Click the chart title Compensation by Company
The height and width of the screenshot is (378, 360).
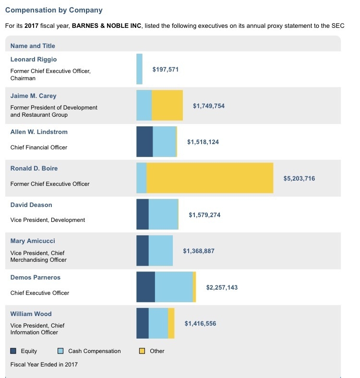click(54, 10)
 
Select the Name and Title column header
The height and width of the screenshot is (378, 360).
click(33, 46)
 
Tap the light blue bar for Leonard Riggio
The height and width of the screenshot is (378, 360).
click(139, 69)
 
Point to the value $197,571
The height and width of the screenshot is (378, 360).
click(165, 70)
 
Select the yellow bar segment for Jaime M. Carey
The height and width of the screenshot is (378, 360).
click(167, 105)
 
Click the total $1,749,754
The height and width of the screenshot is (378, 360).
click(208, 106)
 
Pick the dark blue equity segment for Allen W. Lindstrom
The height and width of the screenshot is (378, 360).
click(144, 142)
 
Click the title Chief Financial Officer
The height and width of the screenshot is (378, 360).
click(39, 147)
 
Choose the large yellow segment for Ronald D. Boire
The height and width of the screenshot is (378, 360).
click(210, 178)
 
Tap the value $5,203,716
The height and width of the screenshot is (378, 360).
click(299, 178)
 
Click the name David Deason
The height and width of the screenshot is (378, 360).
click(31, 205)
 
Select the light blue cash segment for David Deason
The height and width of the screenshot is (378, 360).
click(163, 214)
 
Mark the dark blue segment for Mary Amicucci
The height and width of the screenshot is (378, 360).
click(143, 251)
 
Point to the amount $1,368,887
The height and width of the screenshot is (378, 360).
click(198, 251)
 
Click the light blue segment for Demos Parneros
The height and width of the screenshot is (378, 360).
click(174, 287)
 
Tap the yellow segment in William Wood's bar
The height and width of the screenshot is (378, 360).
click(171, 323)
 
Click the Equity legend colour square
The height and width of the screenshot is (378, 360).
click(13, 351)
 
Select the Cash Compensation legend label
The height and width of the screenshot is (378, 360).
click(95, 351)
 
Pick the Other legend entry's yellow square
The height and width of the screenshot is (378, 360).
click(142, 351)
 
